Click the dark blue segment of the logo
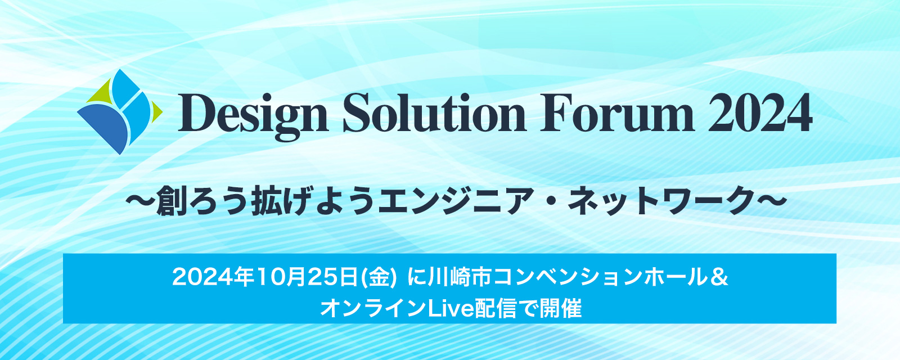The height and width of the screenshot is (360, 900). click(105, 126)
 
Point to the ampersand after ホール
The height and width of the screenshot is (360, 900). click(719, 277)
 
